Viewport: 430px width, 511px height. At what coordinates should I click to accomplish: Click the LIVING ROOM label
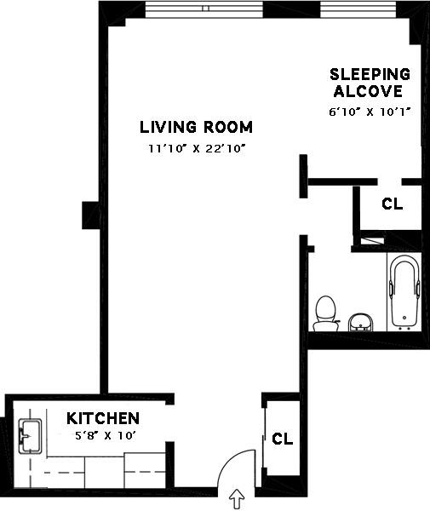[x=196, y=127]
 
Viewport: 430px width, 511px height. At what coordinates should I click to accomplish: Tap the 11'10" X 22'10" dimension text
[x=197, y=148]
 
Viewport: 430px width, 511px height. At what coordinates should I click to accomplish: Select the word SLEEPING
[x=370, y=74]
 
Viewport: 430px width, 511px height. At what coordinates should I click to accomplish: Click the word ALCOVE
[x=368, y=91]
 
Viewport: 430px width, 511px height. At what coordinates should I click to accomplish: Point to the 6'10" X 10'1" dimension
[x=369, y=112]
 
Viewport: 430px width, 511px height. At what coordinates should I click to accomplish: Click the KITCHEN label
[x=103, y=418]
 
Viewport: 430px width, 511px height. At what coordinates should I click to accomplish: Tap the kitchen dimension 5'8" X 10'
[x=106, y=435]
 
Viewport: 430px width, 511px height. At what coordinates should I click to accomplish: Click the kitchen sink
[x=31, y=436]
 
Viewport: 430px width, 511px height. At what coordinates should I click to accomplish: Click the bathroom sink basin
[x=360, y=322]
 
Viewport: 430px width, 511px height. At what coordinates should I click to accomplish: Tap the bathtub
[x=404, y=291]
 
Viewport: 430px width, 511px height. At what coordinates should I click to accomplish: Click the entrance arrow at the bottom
[x=237, y=499]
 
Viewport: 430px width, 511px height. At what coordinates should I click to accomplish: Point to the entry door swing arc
[x=230, y=459]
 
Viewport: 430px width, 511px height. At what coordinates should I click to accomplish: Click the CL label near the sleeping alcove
[x=393, y=204]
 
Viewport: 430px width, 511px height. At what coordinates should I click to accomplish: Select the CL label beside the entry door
[x=283, y=439]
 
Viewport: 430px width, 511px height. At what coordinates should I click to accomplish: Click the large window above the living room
[x=204, y=9]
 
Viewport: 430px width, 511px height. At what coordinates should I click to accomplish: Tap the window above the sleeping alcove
[x=358, y=9]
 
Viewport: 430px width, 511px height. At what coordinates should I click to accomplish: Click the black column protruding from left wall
[x=91, y=215]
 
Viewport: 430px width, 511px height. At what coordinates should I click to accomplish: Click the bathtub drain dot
[x=404, y=317]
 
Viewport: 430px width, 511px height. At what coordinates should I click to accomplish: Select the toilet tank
[x=326, y=325]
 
